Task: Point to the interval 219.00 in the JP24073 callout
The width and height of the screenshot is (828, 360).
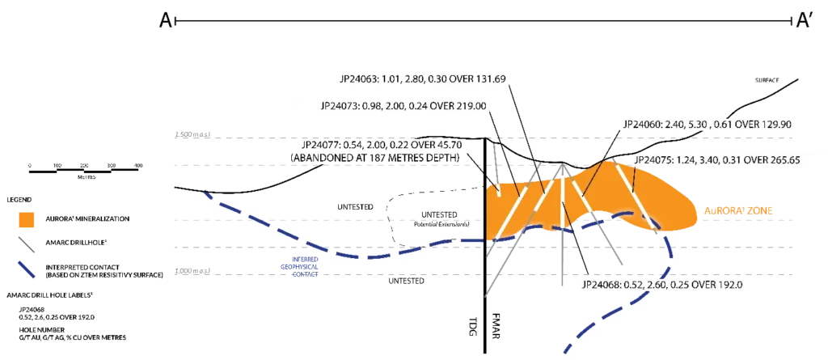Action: (470, 106)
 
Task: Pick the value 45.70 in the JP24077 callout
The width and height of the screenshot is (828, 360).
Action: (448, 142)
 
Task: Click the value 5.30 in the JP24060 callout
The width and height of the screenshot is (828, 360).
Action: (697, 125)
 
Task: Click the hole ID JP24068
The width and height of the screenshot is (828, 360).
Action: (602, 285)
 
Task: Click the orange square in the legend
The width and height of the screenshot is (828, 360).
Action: (26, 219)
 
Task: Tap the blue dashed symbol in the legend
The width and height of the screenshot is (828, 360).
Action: (24, 270)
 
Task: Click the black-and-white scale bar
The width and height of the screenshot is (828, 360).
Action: (84, 172)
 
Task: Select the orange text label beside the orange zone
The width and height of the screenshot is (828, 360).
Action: (740, 210)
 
